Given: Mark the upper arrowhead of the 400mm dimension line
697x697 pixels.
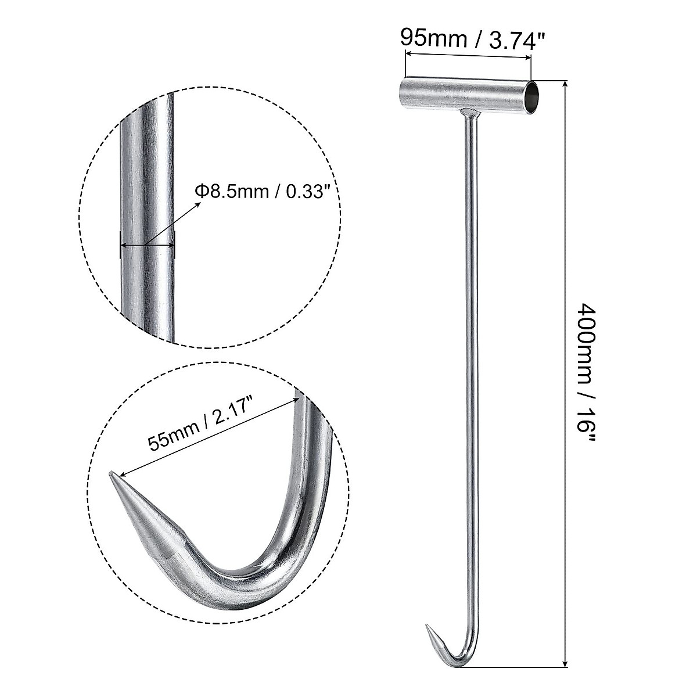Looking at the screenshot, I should point(566,85).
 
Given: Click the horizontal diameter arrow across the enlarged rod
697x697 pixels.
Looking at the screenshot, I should point(146,245).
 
